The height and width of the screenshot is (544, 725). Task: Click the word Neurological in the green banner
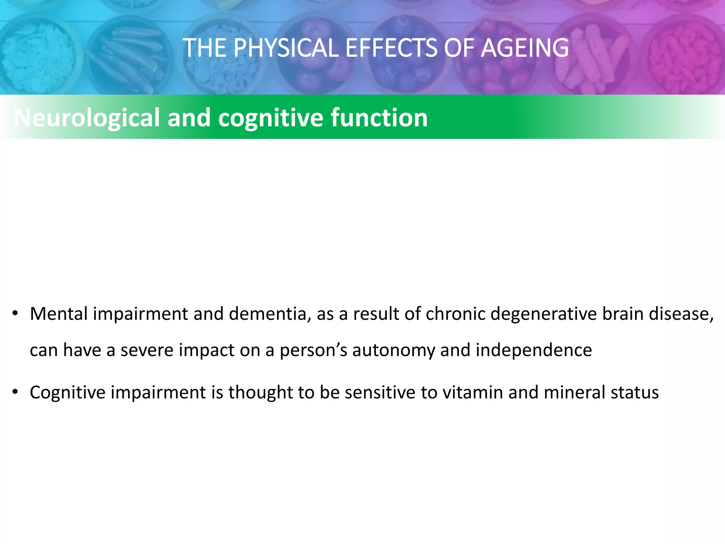click(87, 118)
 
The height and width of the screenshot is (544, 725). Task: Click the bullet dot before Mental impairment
click(15, 314)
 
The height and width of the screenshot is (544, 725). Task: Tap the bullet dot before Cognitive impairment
click(15, 392)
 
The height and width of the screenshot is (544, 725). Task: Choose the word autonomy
click(394, 351)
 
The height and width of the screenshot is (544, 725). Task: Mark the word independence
click(533, 351)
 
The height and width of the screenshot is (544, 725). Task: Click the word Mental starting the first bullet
click(59, 314)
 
